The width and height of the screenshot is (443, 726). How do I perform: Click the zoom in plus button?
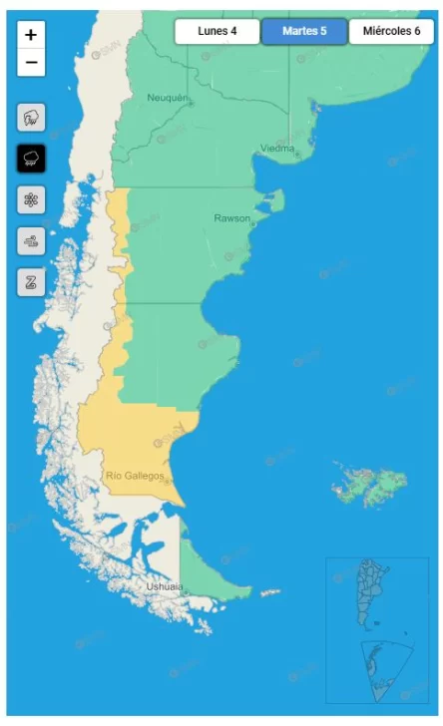pyautogui.click(x=31, y=35)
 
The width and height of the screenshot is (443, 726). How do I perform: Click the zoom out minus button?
pyautogui.click(x=31, y=62)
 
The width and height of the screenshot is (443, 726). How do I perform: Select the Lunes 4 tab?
pyautogui.click(x=218, y=31)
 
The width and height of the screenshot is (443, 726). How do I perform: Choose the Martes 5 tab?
pyautogui.click(x=304, y=31)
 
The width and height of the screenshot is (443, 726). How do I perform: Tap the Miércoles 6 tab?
pyautogui.click(x=390, y=31)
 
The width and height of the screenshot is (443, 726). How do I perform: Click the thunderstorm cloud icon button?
pyautogui.click(x=31, y=119)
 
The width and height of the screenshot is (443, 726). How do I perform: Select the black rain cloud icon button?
pyautogui.click(x=31, y=159)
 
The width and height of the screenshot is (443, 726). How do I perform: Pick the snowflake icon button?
pyautogui.click(x=31, y=200)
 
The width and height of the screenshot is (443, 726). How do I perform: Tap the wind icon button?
pyautogui.click(x=31, y=241)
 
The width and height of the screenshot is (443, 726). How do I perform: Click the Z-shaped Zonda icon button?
pyautogui.click(x=31, y=281)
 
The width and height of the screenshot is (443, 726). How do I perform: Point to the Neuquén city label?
pyautogui.click(x=167, y=97)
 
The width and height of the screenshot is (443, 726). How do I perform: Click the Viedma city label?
pyautogui.click(x=277, y=149)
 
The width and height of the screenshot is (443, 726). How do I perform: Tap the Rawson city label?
pyautogui.click(x=231, y=217)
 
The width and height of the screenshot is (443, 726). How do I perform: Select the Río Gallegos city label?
pyautogui.click(x=134, y=476)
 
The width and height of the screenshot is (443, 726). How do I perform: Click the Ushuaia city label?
pyautogui.click(x=165, y=586)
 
